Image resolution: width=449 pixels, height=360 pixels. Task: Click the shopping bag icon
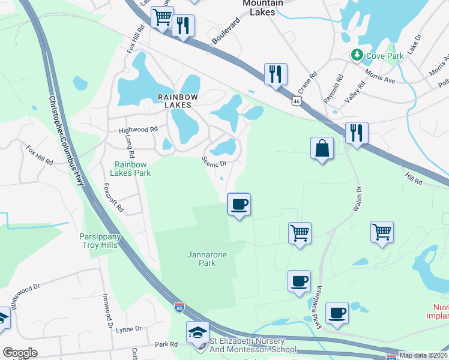pyautogui.click(x=322, y=148)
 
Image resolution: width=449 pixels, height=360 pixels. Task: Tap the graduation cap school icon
pyautogui.click(x=197, y=333)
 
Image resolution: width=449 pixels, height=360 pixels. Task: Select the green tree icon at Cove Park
pyautogui.click(x=357, y=55)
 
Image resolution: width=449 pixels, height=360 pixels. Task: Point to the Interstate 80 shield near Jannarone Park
pyautogui.click(x=179, y=308)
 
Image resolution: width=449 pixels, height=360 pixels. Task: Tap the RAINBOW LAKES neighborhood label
pyautogui.click(x=174, y=100)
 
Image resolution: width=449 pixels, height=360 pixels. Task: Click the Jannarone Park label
pyautogui.click(x=206, y=259)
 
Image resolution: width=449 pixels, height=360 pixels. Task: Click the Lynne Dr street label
pyautogui.click(x=129, y=329)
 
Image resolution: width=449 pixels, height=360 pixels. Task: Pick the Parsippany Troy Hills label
pyautogui.click(x=100, y=241)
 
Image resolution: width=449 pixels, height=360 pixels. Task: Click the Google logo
pyautogui.click(x=20, y=353)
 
